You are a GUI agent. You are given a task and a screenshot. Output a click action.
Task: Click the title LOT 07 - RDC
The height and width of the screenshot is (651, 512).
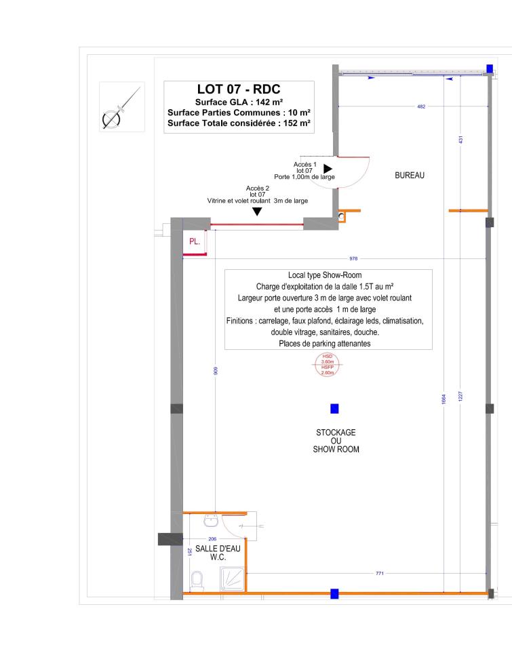(x=238, y=90)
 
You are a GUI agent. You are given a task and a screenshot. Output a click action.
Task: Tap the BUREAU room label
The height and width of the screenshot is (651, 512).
(x=409, y=175)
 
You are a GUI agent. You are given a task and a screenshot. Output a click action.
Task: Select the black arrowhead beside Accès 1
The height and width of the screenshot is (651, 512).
(x=328, y=168)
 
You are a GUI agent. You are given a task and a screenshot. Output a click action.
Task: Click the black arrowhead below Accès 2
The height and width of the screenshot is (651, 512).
(x=258, y=212)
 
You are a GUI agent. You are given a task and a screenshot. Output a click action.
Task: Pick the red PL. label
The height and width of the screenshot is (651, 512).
(x=195, y=241)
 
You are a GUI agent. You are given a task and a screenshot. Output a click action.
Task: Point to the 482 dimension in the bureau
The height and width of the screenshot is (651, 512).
(x=421, y=107)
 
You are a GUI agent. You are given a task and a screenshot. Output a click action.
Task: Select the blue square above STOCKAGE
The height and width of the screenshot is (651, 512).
(x=334, y=408)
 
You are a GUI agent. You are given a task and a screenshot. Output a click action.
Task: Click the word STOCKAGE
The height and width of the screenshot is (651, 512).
(x=336, y=433)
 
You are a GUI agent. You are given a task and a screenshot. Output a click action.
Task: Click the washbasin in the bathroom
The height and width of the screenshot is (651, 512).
(x=212, y=520)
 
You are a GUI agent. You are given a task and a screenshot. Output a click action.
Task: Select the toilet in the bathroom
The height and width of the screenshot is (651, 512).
(x=197, y=579)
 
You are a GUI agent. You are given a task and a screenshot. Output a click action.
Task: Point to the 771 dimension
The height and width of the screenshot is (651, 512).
(x=380, y=574)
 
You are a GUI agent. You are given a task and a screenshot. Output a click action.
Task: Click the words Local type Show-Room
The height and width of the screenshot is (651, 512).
(x=328, y=275)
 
